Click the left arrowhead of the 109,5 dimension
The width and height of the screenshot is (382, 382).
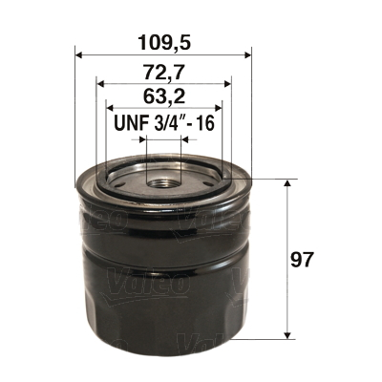pyautogui.click(x=77, y=53)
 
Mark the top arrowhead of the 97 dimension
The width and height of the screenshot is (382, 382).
pyautogui.click(x=287, y=182)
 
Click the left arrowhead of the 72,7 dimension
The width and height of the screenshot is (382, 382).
pyautogui.click(x=99, y=84)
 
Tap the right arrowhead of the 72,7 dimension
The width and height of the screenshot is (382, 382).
pyautogui.click(x=227, y=84)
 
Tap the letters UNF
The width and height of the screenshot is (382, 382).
pyautogui.click(x=128, y=124)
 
